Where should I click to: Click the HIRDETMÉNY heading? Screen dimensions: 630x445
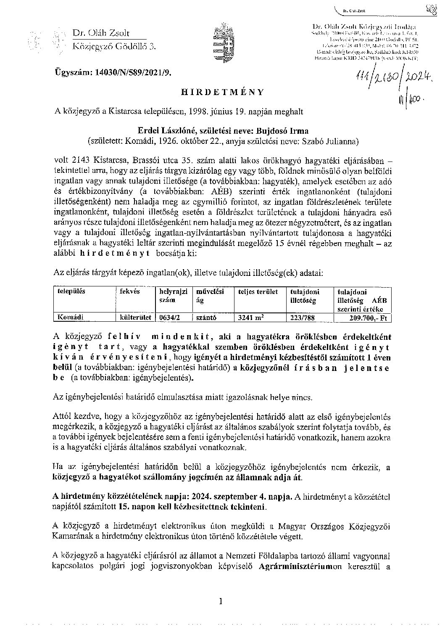[x=222, y=92]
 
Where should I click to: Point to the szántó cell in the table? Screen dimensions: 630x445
[x=206, y=318]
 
